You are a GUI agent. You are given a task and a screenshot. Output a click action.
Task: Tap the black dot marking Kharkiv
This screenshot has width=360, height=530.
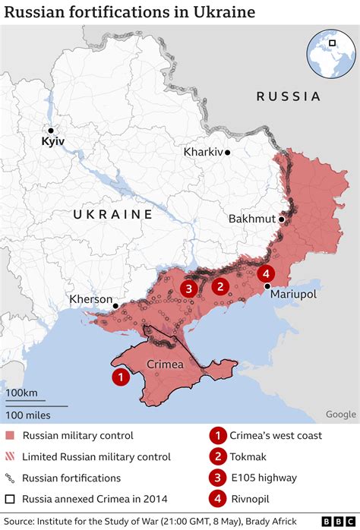coord(227,152)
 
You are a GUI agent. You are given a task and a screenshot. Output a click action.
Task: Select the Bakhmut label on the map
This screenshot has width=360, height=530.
coord(252,219)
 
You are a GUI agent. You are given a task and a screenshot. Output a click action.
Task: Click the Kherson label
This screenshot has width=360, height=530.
coord(90,299)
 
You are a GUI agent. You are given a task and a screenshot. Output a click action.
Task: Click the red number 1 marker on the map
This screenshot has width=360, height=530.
coord(120,376)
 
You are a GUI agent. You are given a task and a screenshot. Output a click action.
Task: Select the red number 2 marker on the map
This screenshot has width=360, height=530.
coord(220,286)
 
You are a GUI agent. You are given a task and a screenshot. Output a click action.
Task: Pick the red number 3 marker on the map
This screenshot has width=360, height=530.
coord(188,288)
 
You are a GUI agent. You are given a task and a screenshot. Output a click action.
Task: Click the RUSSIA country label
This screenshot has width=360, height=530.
coord(288,96)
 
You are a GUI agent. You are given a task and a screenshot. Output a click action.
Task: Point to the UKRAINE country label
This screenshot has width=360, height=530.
coord(113,215)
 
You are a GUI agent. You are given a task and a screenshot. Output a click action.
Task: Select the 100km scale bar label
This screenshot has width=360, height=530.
coord(22,392)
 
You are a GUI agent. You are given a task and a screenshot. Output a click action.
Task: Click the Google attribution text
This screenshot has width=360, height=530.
coord(341,414)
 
